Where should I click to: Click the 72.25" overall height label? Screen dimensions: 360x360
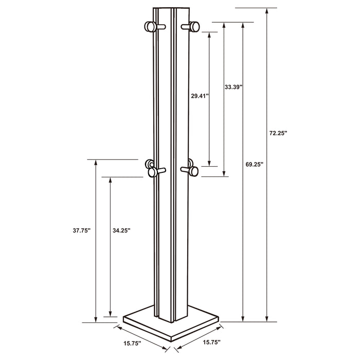click(x=279, y=133)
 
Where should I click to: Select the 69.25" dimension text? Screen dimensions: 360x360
click(x=255, y=164)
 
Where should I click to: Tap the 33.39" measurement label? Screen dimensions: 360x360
click(x=233, y=87)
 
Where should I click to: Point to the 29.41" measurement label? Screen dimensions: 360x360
click(x=200, y=96)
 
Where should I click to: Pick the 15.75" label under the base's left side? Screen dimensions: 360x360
click(x=132, y=343)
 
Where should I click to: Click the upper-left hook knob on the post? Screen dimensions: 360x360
click(x=151, y=27)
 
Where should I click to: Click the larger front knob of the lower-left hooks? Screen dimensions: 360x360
click(x=152, y=172)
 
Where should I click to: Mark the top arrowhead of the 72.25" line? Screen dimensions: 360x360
click(x=266, y=11)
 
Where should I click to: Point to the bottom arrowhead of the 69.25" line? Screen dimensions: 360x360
click(x=243, y=319)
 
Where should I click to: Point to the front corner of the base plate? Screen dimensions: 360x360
click(x=170, y=335)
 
